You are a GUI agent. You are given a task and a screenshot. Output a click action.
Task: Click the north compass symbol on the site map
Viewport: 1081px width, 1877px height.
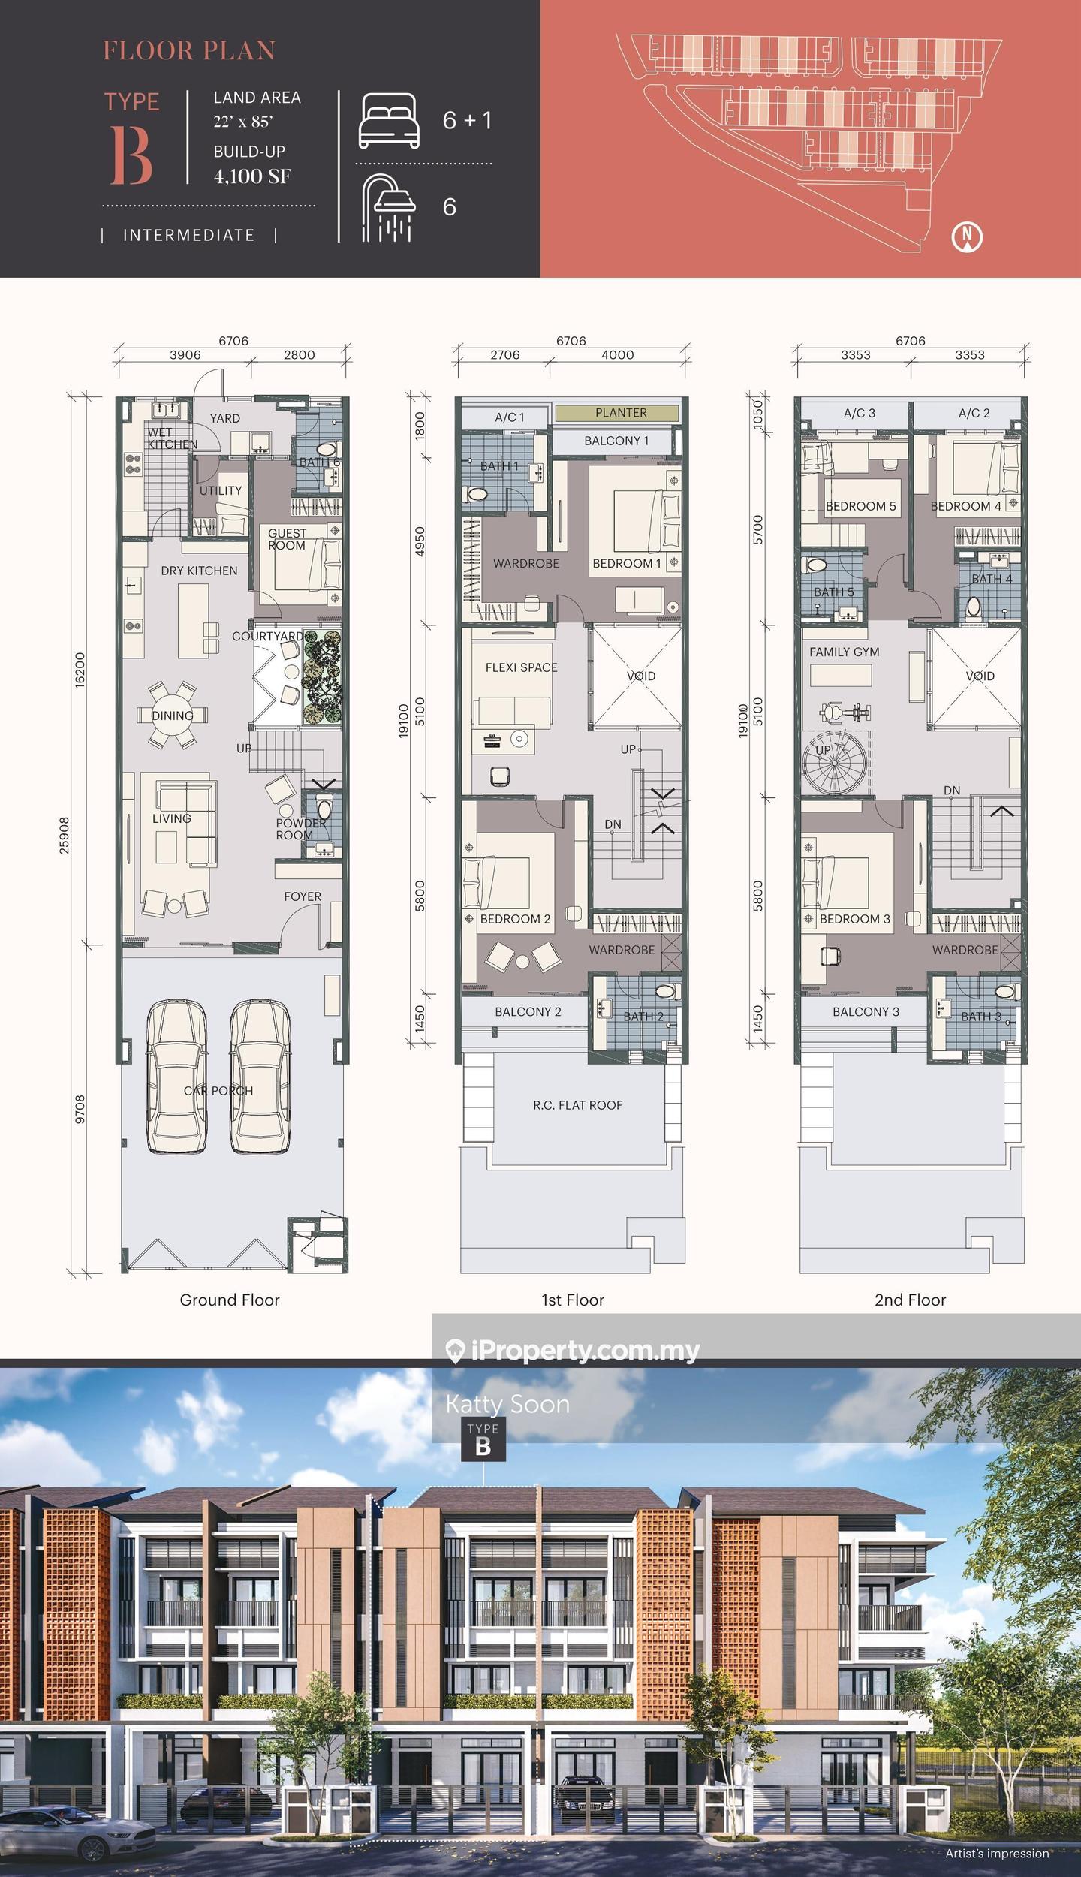(967, 237)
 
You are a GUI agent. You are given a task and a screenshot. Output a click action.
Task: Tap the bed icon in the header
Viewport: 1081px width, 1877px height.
(389, 120)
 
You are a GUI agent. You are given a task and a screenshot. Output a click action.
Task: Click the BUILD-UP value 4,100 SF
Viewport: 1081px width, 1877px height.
(252, 176)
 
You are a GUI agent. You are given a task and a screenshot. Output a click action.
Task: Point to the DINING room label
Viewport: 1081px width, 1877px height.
(173, 716)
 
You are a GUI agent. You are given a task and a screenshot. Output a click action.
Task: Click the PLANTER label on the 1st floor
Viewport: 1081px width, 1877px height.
(621, 413)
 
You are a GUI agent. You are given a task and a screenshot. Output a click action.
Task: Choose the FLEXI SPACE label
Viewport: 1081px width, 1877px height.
(521, 667)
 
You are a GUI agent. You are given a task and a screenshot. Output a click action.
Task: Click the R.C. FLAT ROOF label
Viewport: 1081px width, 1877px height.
(578, 1105)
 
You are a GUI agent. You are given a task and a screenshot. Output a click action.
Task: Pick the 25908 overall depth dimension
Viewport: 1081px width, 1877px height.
(65, 836)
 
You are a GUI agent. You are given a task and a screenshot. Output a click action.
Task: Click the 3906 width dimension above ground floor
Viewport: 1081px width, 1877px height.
(185, 355)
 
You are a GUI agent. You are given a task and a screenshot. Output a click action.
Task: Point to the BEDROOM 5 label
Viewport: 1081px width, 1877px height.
(861, 506)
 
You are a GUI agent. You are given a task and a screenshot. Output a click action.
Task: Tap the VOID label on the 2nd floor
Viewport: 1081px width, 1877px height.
(980, 676)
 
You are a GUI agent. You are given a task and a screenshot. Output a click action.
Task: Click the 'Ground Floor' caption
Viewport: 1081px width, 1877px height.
(230, 1300)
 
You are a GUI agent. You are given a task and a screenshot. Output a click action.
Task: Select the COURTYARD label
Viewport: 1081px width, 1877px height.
(267, 636)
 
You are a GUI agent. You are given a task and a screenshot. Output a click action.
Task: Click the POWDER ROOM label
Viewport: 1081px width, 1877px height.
(300, 829)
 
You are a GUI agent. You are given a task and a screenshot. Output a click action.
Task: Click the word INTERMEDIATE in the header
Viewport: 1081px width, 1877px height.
(188, 235)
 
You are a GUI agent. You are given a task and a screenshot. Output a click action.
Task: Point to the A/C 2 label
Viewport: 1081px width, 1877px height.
(974, 413)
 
